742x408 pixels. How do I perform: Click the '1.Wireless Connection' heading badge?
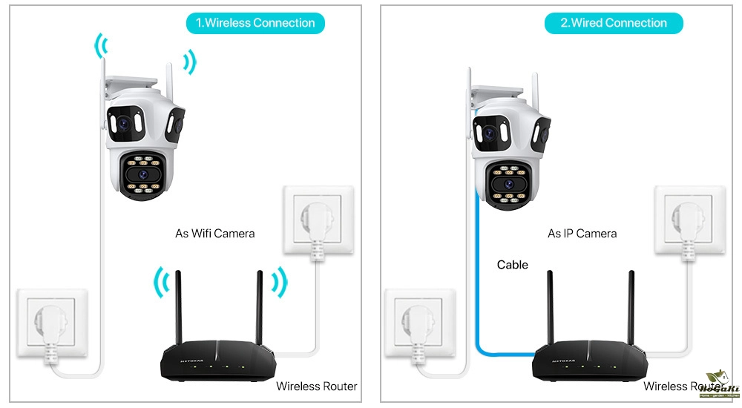click(x=255, y=22)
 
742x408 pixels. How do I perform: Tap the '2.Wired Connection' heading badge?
click(x=614, y=22)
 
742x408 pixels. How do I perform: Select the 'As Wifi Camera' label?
click(x=214, y=233)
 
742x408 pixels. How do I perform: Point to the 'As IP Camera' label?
click(x=582, y=233)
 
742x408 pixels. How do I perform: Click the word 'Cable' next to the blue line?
click(x=512, y=265)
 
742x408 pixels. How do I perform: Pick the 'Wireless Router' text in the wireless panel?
click(x=316, y=386)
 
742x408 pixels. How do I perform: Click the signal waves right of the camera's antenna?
click(x=190, y=62)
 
